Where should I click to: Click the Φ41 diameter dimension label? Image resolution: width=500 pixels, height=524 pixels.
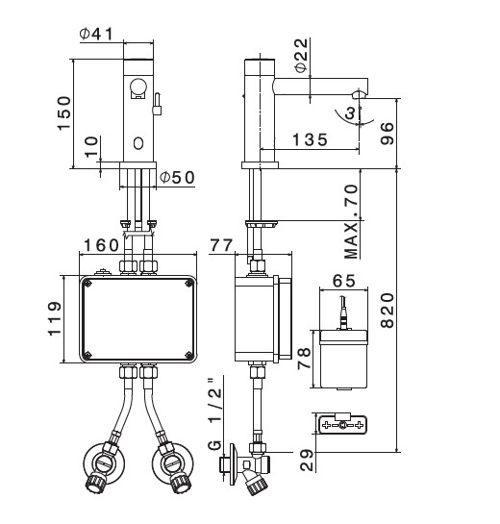tap(96, 34)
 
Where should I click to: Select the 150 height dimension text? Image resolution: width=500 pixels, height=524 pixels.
tap(63, 112)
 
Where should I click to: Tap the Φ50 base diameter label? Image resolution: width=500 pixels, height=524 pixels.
tap(177, 178)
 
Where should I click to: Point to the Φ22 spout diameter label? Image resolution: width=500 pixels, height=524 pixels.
tap(301, 55)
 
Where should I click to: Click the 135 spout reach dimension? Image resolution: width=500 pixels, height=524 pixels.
tap(311, 139)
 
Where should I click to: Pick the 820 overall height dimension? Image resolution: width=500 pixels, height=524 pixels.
tap(387, 311)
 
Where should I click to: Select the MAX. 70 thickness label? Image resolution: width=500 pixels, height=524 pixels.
tap(351, 222)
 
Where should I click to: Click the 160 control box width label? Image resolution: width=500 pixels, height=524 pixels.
tap(101, 245)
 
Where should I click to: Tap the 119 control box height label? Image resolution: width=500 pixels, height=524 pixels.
tap(55, 318)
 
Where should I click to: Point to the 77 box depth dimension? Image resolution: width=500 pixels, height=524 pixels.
tap(221, 245)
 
